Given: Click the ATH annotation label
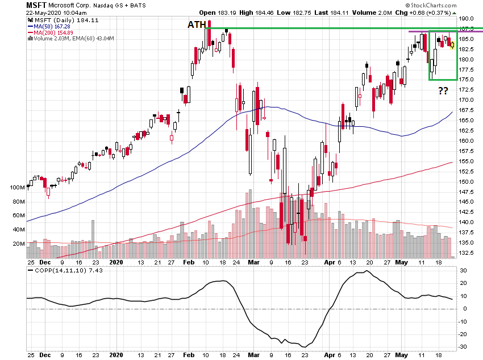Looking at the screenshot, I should (x=197, y=24).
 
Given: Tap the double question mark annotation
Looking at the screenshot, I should (x=443, y=90).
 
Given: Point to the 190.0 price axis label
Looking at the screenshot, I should (x=468, y=19).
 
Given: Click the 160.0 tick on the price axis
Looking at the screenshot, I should (x=468, y=140).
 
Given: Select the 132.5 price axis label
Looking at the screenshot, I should (x=468, y=252).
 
